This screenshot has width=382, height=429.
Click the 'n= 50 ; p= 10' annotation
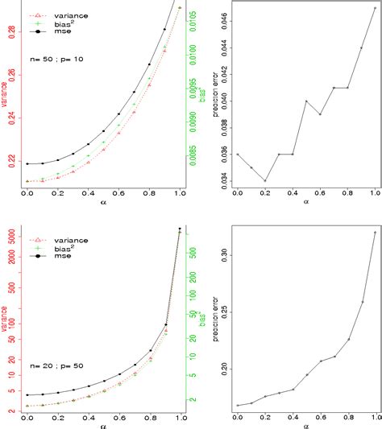click(x=52, y=60)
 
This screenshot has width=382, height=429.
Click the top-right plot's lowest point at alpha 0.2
click(x=265, y=181)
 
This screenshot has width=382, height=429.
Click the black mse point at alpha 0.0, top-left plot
click(x=27, y=163)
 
